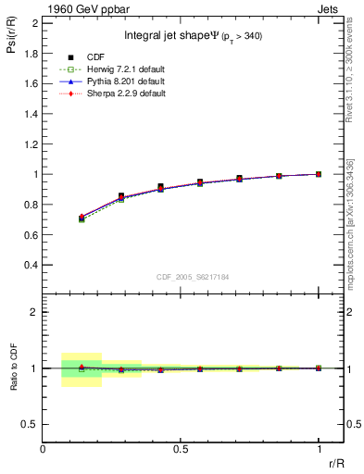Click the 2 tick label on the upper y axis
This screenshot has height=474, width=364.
click(x=34, y=22)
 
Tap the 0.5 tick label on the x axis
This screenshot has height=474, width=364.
click(x=181, y=448)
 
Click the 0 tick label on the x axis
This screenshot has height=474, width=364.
click(x=43, y=448)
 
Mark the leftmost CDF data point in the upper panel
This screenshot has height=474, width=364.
click(x=82, y=218)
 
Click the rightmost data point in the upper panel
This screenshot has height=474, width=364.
click(x=319, y=174)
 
